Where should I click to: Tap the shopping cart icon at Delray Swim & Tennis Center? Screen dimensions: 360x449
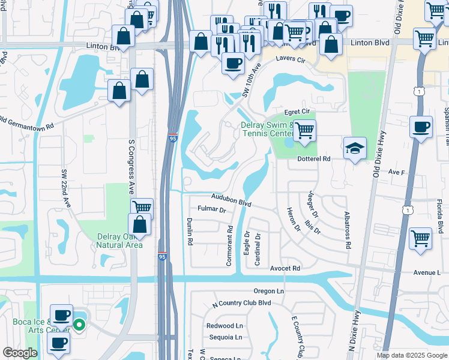click(305, 130)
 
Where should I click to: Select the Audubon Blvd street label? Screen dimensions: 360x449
click(231, 200)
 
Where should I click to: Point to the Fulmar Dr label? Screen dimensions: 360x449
click(211, 211)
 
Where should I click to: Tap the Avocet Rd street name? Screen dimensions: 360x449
click(285, 268)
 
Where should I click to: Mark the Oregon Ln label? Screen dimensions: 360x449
click(268, 291)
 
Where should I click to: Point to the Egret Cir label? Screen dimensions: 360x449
click(297, 112)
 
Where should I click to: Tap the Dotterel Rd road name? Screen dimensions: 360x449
click(314, 159)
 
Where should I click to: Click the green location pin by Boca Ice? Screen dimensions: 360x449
click(79, 326)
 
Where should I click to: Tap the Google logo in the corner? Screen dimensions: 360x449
click(20, 353)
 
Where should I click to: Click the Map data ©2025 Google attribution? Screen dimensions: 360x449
click(411, 355)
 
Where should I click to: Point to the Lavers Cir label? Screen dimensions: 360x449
click(291, 60)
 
